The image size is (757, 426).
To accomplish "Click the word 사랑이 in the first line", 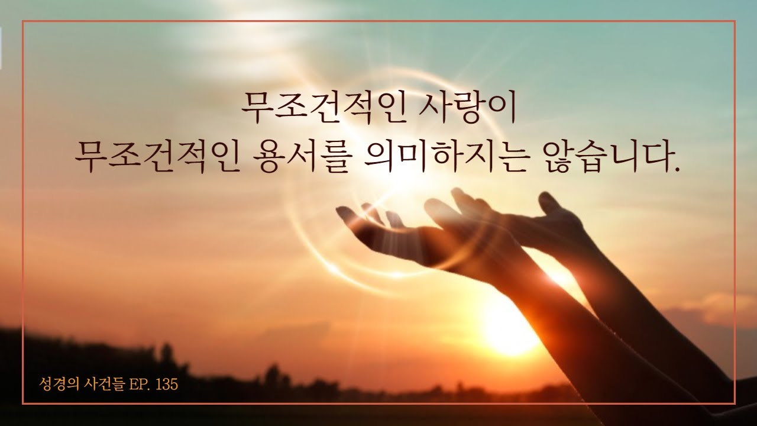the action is pyautogui.click(x=467, y=109).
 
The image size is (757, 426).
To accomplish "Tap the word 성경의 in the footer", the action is pyautogui.click(x=59, y=384).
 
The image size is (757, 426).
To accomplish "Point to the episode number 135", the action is pyautogui.click(x=167, y=385).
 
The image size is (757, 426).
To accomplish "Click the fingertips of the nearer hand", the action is pyautogui.click(x=345, y=212).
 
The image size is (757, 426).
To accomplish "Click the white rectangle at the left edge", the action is pyautogui.click(x=1, y=48).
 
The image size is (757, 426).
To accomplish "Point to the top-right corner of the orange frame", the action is pyautogui.click(x=735, y=21).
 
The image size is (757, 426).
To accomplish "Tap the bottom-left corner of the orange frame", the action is pyautogui.click(x=23, y=403).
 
